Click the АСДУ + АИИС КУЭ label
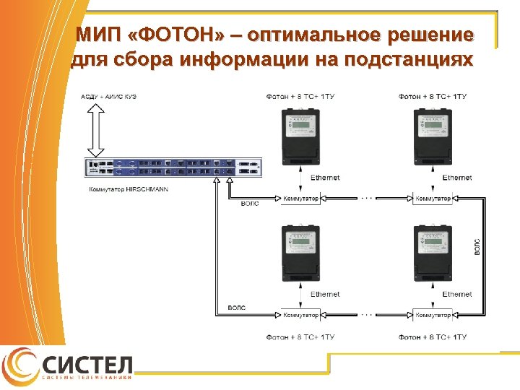[109, 96]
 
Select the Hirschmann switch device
[173, 168]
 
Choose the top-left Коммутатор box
[300, 198]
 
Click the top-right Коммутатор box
[433, 198]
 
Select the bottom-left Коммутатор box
[300, 315]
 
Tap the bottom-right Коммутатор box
[433, 315]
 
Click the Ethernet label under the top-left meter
[326, 178]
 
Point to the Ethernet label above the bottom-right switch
[457, 295]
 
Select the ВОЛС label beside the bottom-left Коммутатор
[235, 308]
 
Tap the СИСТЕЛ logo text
[87, 364]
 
